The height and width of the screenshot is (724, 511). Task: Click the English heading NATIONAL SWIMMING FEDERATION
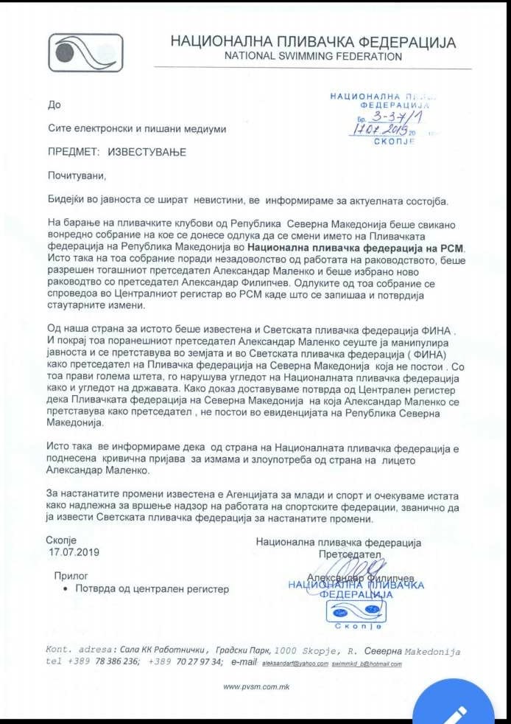(314, 56)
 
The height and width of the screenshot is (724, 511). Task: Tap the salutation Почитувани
(77, 176)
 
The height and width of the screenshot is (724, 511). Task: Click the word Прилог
(71, 575)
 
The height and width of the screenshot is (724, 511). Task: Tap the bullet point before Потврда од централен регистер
(67, 590)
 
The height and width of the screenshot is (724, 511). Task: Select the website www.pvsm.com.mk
(255, 687)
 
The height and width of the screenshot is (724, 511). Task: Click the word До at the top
(54, 105)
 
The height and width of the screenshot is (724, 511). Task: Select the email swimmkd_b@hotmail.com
(367, 664)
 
